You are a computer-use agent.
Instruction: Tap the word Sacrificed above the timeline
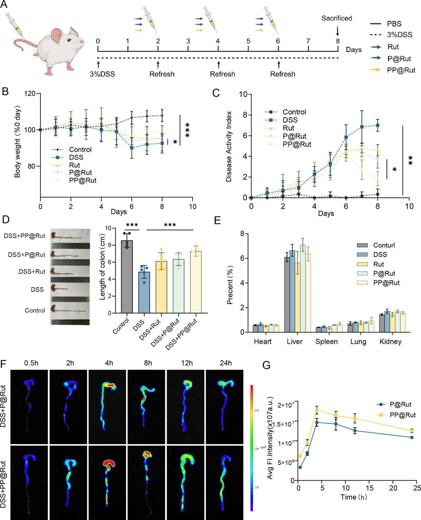pyautogui.click(x=336, y=18)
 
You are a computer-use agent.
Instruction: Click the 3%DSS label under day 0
pyautogui.click(x=102, y=74)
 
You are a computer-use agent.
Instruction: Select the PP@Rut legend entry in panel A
pyautogui.click(x=401, y=70)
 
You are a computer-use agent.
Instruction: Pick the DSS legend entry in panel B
pyautogui.click(x=76, y=157)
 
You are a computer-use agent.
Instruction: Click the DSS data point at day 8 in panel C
pyautogui.click(x=377, y=125)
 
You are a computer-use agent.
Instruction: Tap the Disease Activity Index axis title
pyautogui.click(x=229, y=146)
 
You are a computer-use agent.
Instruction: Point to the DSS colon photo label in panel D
pyautogui.click(x=37, y=290)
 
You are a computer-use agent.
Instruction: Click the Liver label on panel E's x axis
pyautogui.click(x=294, y=342)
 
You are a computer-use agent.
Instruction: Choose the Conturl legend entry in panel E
pyautogui.click(x=384, y=245)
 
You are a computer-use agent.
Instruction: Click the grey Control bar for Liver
pyautogui.click(x=287, y=295)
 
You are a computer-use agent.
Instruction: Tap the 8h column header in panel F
pyautogui.click(x=148, y=363)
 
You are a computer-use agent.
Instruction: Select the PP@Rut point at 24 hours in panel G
pyautogui.click(x=412, y=431)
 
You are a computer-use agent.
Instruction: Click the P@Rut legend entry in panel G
pyautogui.click(x=400, y=404)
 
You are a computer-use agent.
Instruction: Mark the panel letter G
pyautogui.click(x=266, y=366)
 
